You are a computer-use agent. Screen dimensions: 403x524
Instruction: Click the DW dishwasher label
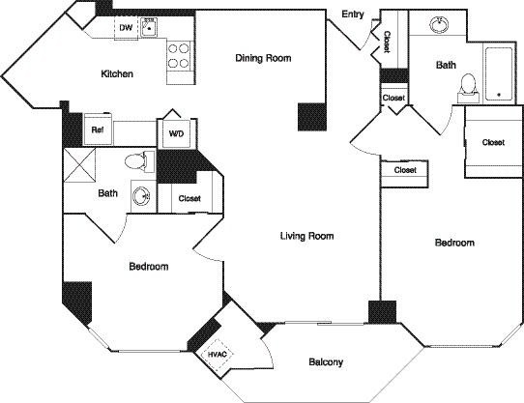(126, 29)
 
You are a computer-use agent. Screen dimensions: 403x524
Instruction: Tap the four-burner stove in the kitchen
(179, 56)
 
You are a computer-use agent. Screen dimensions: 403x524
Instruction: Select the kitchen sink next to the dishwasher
(149, 29)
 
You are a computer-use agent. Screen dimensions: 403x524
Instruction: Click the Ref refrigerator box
(98, 130)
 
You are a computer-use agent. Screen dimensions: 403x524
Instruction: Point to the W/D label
(177, 133)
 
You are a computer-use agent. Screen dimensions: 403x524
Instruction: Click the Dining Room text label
(263, 59)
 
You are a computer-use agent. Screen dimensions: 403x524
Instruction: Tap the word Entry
(353, 14)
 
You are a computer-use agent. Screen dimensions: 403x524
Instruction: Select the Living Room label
(306, 236)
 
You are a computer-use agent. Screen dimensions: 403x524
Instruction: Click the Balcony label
(326, 362)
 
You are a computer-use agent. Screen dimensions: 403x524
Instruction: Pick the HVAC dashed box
(218, 355)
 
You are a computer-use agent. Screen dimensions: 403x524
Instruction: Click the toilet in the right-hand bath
(468, 88)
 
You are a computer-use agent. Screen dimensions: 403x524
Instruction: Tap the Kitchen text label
(117, 74)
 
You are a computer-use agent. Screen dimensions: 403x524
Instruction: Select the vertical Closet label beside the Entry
(387, 42)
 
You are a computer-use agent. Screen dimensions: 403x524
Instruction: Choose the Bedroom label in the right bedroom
(453, 244)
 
